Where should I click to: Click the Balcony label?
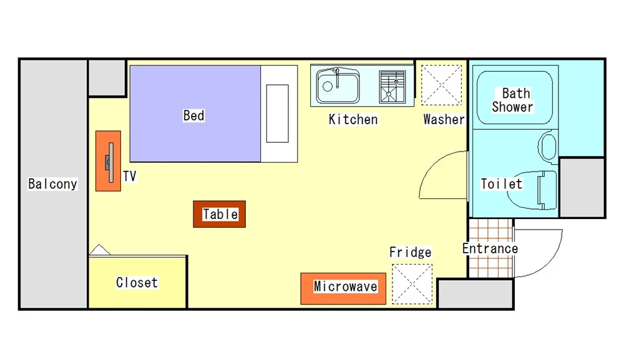pyautogui.click(x=52, y=184)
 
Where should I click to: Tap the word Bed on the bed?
pyautogui.click(x=193, y=115)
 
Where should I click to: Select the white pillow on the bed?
pyautogui.click(x=278, y=114)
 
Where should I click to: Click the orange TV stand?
pyautogui.click(x=108, y=161)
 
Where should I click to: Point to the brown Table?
pyautogui.click(x=219, y=214)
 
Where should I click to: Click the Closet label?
pyautogui.click(x=137, y=283)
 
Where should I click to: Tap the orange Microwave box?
pyautogui.click(x=343, y=288)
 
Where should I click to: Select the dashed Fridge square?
pyautogui.click(x=412, y=284)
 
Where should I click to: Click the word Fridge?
pyautogui.click(x=411, y=253)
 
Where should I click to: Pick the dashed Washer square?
pyautogui.click(x=441, y=85)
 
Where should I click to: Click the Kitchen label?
pyautogui.click(x=353, y=120)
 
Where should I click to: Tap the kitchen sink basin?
pyautogui.click(x=338, y=86)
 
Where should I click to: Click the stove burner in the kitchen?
pyautogui.click(x=393, y=87)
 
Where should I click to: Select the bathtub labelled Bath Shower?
pyautogui.click(x=515, y=98)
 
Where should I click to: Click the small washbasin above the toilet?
pyautogui.click(x=548, y=147)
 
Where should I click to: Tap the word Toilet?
pyautogui.click(x=501, y=184)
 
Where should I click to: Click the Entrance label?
pyautogui.click(x=490, y=249)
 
